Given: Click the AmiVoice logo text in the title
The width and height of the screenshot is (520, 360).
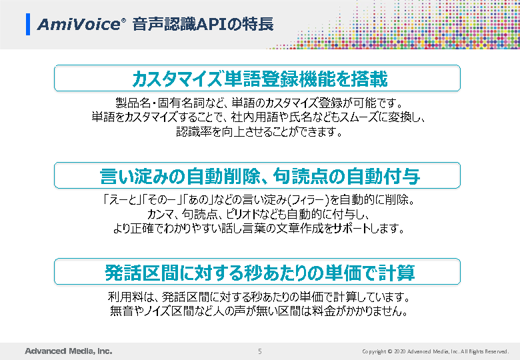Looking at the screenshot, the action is (x=79, y=25).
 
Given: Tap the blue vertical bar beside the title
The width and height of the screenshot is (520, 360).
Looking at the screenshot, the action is (x=28, y=24).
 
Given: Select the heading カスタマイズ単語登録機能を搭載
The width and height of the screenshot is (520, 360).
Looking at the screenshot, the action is (x=260, y=79).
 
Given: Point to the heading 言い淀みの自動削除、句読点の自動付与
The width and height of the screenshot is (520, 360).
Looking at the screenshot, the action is (x=260, y=176).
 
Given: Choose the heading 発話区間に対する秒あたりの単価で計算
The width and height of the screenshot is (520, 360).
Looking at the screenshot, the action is (x=260, y=273).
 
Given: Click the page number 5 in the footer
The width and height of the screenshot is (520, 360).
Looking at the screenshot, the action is (x=260, y=351).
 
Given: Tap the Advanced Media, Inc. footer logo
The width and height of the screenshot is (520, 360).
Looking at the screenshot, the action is (x=69, y=351).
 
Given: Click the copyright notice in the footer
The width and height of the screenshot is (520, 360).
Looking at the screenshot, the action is (x=435, y=351).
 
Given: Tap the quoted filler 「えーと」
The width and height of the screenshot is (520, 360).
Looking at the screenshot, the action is (x=121, y=200).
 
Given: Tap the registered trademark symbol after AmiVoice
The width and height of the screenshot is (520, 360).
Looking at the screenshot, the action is (x=124, y=21).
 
